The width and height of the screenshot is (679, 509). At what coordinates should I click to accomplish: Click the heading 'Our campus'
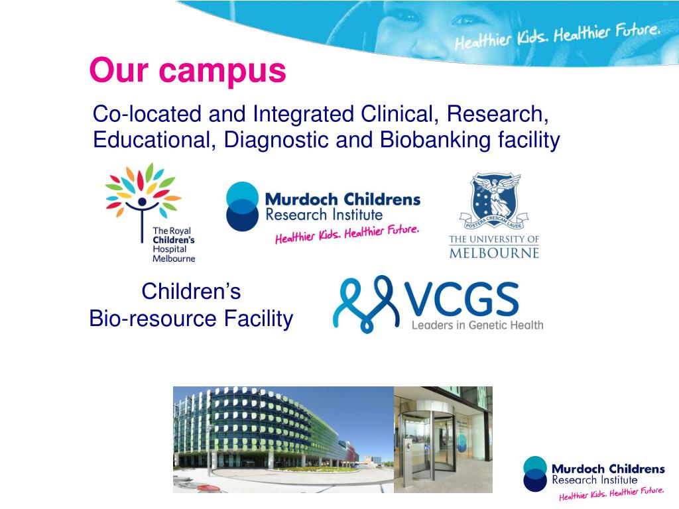point(188,70)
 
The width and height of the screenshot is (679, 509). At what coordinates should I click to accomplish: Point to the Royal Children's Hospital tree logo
point(143,192)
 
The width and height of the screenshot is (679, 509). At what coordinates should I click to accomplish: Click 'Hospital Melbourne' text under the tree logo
point(174,254)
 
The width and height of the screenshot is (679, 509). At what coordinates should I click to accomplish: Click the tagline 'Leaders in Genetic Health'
point(477,325)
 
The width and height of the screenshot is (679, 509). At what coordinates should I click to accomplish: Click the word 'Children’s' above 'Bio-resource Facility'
point(191,291)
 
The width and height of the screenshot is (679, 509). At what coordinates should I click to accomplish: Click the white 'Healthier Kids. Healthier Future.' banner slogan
point(557,37)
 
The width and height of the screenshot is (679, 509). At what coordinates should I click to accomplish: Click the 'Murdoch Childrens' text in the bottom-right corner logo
point(608,469)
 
